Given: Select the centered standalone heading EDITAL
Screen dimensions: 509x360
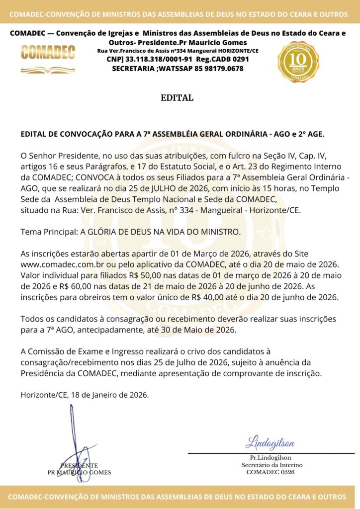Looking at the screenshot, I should point(177,98).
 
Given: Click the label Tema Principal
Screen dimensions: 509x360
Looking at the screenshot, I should point(49,232).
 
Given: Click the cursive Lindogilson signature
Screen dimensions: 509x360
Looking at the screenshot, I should point(270,443).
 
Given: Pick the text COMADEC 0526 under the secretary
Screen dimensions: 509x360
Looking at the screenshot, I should point(270,472).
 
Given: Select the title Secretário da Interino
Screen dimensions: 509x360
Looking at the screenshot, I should point(271,465).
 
